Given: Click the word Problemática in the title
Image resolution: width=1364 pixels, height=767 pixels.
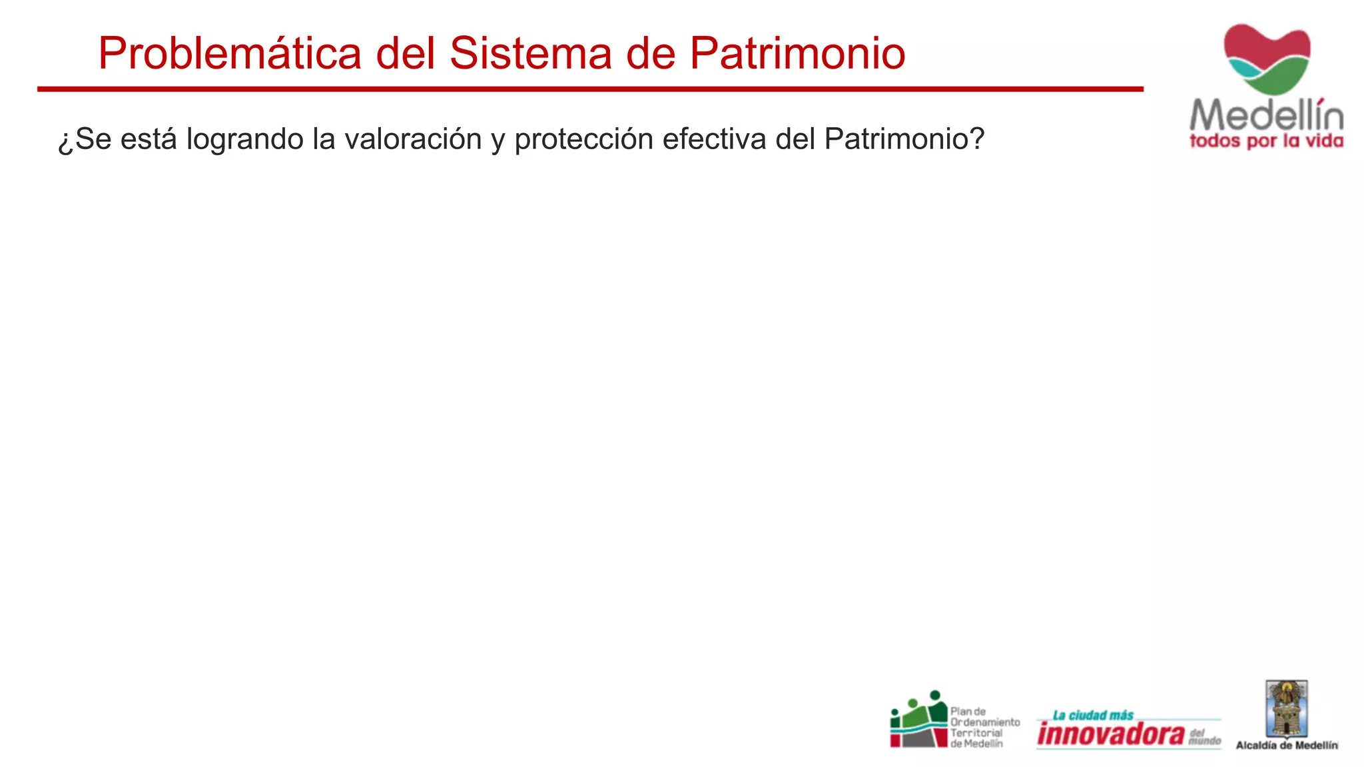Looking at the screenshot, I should pos(230,53).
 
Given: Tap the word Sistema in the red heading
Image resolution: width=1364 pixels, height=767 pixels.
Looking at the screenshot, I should pos(530,53).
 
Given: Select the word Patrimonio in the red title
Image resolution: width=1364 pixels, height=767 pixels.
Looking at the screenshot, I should pos(797,53).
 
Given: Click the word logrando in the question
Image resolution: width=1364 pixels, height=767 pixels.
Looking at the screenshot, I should pos(245,140).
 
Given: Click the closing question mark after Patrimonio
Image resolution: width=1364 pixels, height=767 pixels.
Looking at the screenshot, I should pos(977,138).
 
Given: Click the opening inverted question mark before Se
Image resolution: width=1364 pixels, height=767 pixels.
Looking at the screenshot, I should pos(65,141).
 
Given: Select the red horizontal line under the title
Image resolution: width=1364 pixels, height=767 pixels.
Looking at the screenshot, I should pos(590,89).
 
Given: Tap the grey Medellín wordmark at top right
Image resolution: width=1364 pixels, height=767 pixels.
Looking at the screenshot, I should pos(1267,116).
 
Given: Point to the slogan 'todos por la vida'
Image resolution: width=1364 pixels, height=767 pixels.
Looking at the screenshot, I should pos(1267,141).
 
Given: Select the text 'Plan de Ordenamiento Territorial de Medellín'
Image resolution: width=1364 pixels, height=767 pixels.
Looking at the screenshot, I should pos(984,727).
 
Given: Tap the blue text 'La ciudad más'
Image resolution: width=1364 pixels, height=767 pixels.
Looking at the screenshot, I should pos(1093,715).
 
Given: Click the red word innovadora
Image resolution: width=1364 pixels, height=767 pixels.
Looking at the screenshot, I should pos(1111,734).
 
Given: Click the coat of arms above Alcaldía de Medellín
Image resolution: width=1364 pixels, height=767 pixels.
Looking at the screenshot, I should pos(1287,709).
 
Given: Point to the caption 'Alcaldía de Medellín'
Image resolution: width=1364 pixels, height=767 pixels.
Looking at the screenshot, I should pos(1287,746).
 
